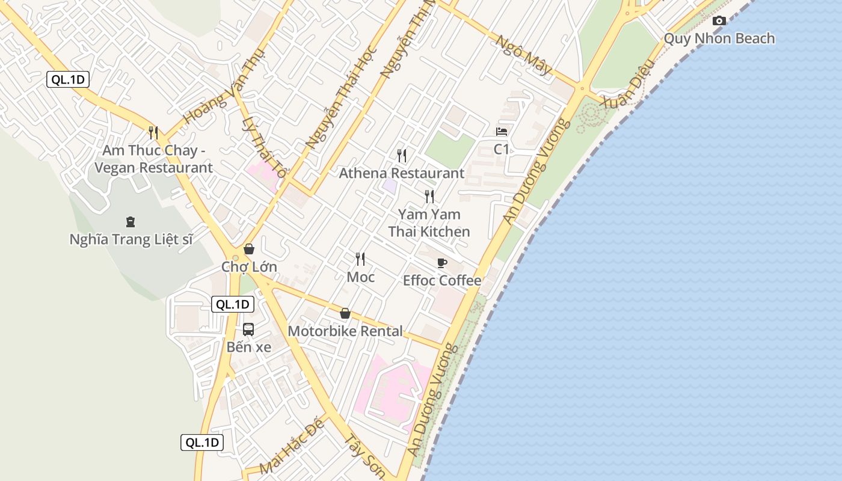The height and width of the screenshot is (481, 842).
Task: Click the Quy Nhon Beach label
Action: pyautogui.click(x=719, y=38)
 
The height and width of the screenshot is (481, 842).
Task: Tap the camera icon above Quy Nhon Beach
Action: pyautogui.click(x=719, y=21)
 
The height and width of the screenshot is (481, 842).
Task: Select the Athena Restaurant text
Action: pyautogui.click(x=402, y=173)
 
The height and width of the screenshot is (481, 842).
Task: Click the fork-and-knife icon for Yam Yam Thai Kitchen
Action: pyautogui.click(x=429, y=196)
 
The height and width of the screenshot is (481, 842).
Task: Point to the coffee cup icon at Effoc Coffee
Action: pyautogui.click(x=442, y=263)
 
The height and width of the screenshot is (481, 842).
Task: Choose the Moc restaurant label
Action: pyautogui.click(x=361, y=277)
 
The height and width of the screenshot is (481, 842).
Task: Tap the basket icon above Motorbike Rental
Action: pyautogui.click(x=345, y=313)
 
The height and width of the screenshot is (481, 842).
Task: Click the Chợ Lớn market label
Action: pyautogui.click(x=249, y=266)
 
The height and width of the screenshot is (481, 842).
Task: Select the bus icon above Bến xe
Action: pyautogui.click(x=248, y=329)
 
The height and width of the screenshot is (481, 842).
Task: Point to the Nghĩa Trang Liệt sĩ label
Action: pyautogui.click(x=131, y=239)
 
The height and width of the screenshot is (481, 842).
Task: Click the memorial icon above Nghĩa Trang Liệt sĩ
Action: pyautogui.click(x=131, y=222)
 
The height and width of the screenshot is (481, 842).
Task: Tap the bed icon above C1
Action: pyautogui.click(x=502, y=132)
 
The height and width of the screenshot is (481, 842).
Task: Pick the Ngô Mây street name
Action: pyautogui.click(x=523, y=55)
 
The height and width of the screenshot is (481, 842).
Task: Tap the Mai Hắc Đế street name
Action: pyautogui.click(x=292, y=446)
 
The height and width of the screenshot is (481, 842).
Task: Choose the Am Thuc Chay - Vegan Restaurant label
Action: pyautogui.click(x=153, y=159)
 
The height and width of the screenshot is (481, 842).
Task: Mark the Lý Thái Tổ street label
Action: pyautogui.click(x=263, y=147)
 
